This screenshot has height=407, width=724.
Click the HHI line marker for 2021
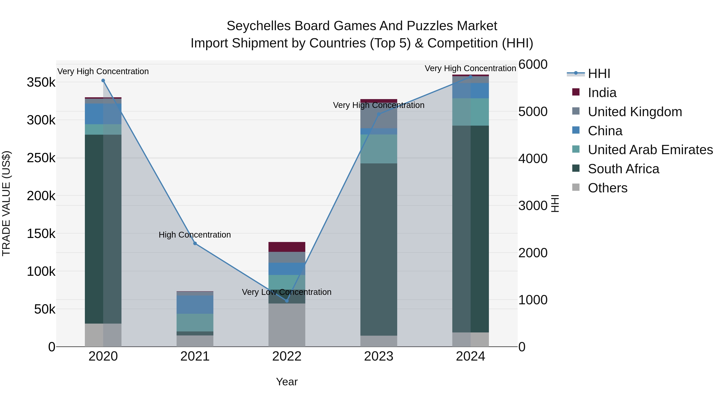[x=195, y=244]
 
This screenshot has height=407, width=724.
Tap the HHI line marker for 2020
[x=103, y=81]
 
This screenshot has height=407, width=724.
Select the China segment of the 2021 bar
[x=195, y=304]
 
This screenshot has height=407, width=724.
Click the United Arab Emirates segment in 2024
[x=470, y=112]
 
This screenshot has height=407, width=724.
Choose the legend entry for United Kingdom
[x=635, y=112]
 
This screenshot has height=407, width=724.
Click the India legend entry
[x=602, y=93]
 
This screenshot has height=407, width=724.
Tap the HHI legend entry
[x=599, y=74]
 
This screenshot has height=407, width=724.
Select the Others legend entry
[x=607, y=188]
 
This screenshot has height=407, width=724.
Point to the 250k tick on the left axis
[x=41, y=158]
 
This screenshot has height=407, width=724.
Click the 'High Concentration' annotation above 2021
[x=195, y=235]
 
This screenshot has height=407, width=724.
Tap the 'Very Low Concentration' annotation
[x=287, y=292]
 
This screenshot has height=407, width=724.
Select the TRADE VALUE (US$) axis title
[x=6, y=203]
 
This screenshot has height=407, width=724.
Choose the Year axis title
[x=287, y=382]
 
